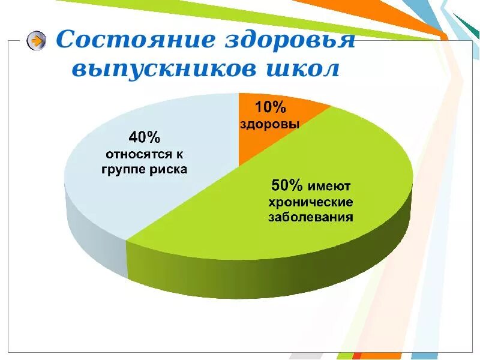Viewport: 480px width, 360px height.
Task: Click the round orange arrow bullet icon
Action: [x=37, y=41]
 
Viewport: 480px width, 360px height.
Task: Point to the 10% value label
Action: [x=271, y=107]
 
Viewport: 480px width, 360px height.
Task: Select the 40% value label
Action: [x=145, y=137]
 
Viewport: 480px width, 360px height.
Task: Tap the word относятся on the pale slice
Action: [x=137, y=154]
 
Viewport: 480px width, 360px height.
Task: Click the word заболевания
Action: [x=310, y=217]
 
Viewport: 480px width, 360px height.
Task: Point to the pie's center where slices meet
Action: [x=239, y=166]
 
